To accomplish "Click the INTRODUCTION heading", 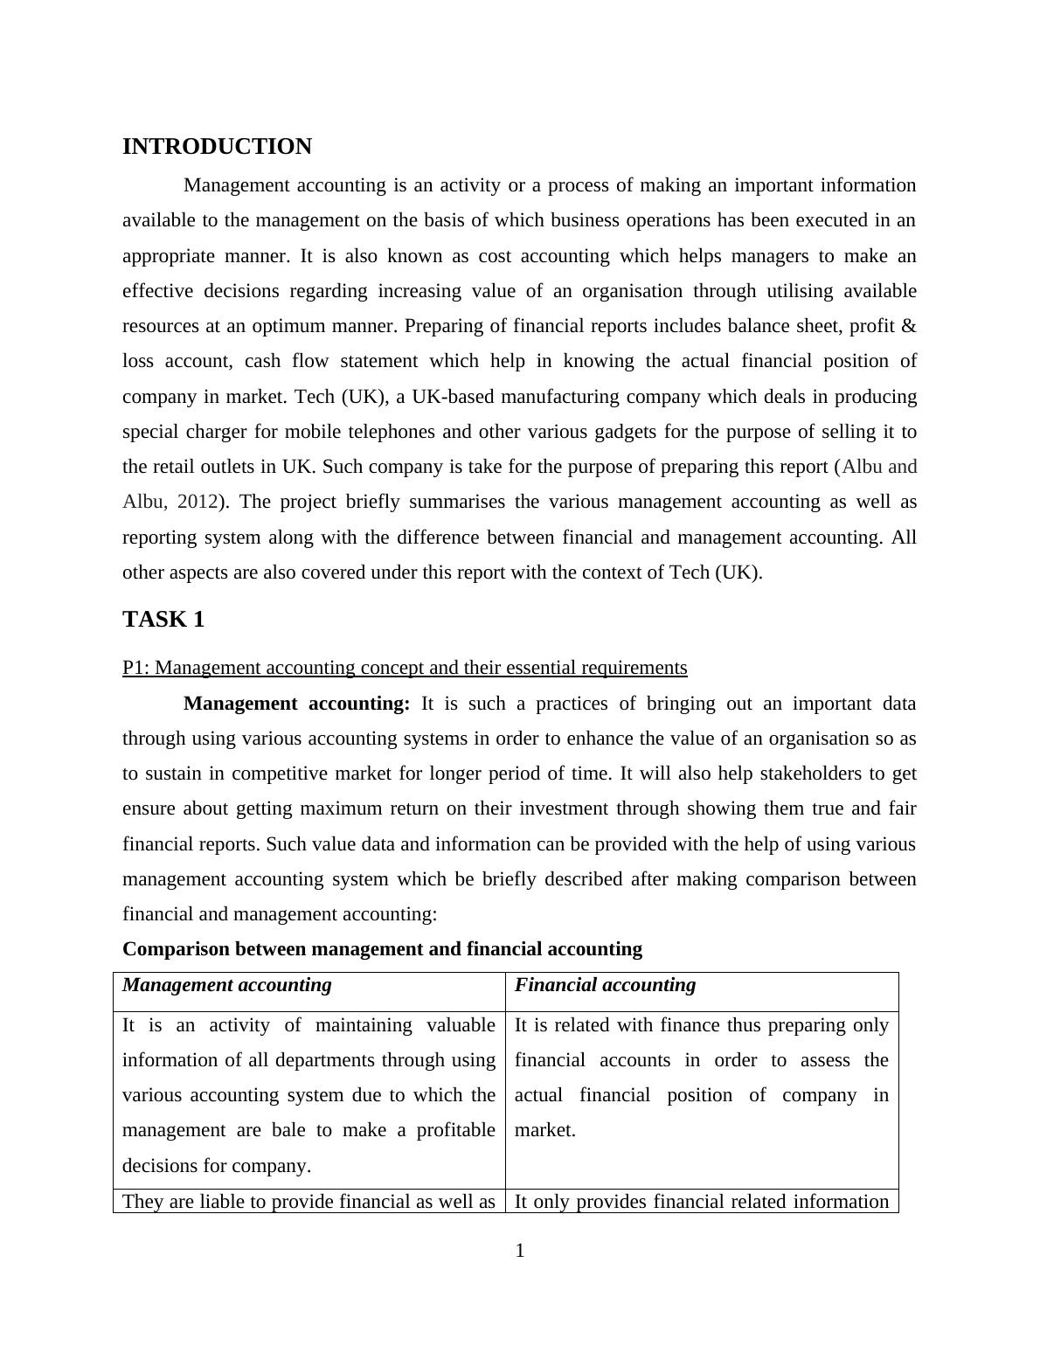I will (x=217, y=147).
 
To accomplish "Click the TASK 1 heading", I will (x=163, y=620).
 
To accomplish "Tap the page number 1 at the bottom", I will (x=520, y=1251).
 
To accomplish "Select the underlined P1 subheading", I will (x=405, y=668).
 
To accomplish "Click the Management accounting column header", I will (x=227, y=985).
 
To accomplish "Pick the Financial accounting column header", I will (x=605, y=985).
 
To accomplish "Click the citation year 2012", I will (x=198, y=502).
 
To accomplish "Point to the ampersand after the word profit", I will (x=908, y=326).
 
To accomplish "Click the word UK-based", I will (x=459, y=397).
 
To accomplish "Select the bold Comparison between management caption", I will (x=382, y=949).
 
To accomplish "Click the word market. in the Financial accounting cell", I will (x=545, y=1130).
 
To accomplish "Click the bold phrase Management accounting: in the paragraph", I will (x=296, y=704).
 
